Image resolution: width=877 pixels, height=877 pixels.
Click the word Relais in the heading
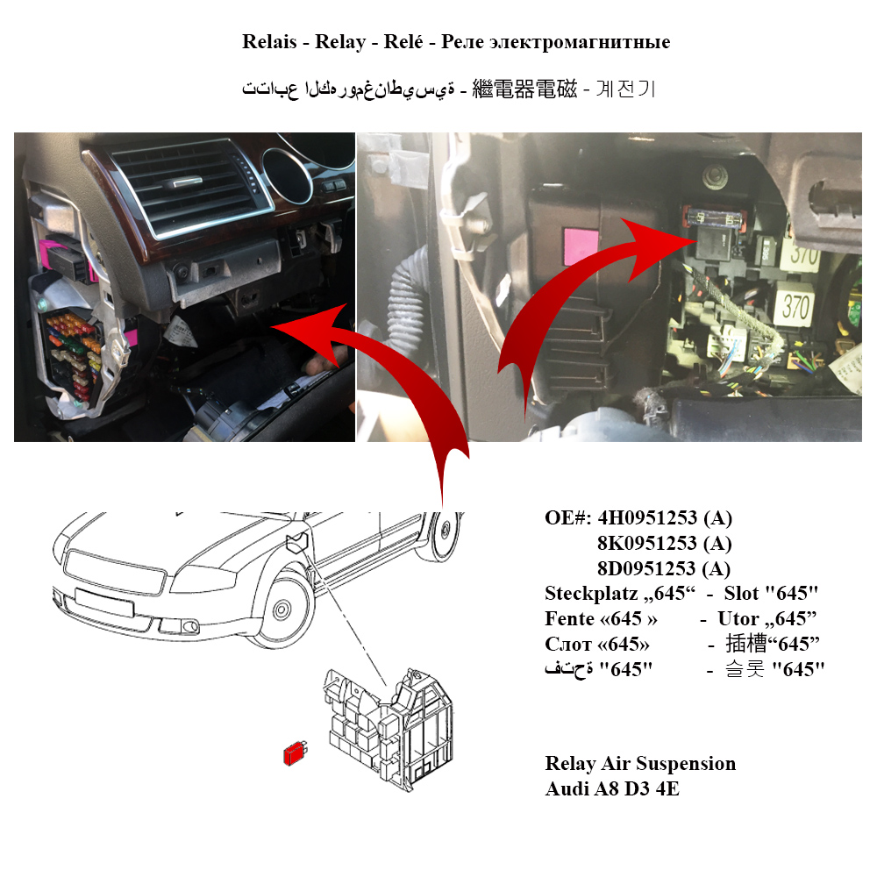pos(269,42)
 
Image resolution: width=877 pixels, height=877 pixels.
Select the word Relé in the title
pos(403,42)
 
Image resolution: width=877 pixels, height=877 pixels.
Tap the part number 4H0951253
pos(647,518)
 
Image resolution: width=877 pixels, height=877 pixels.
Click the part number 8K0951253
pos(647,543)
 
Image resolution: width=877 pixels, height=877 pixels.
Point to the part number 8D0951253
pos(647,569)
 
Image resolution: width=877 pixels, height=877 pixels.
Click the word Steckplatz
pos(591,594)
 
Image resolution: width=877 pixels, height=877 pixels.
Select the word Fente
pos(569,618)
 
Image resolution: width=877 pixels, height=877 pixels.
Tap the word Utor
pos(736,618)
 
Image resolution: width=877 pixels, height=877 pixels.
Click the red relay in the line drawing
pos(296,752)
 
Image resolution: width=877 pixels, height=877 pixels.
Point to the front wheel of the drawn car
pos(282,610)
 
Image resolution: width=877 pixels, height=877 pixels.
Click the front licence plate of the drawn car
pos(104,602)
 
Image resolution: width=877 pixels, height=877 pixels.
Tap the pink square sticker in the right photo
pos(581,246)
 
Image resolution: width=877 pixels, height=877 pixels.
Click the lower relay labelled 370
pos(795,306)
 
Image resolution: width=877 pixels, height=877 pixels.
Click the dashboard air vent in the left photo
pos(191,184)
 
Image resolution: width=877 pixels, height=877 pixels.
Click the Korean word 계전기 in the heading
pos(624,89)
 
